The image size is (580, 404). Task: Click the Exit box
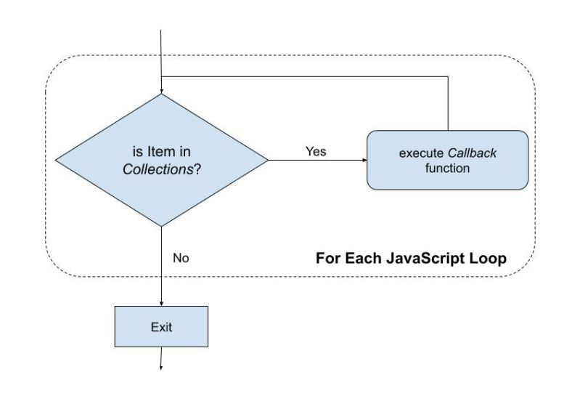(161, 326)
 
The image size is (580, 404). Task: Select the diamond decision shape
(161, 160)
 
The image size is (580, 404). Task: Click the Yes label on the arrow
(316, 152)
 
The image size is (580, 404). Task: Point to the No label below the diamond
(181, 257)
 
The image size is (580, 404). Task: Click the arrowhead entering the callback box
(364, 161)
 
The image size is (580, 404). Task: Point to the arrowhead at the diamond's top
(161, 90)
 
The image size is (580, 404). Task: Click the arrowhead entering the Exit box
(161, 302)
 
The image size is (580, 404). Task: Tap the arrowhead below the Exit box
(161, 365)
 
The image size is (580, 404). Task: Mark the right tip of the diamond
(267, 160)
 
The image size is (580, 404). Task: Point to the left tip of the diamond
(56, 160)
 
